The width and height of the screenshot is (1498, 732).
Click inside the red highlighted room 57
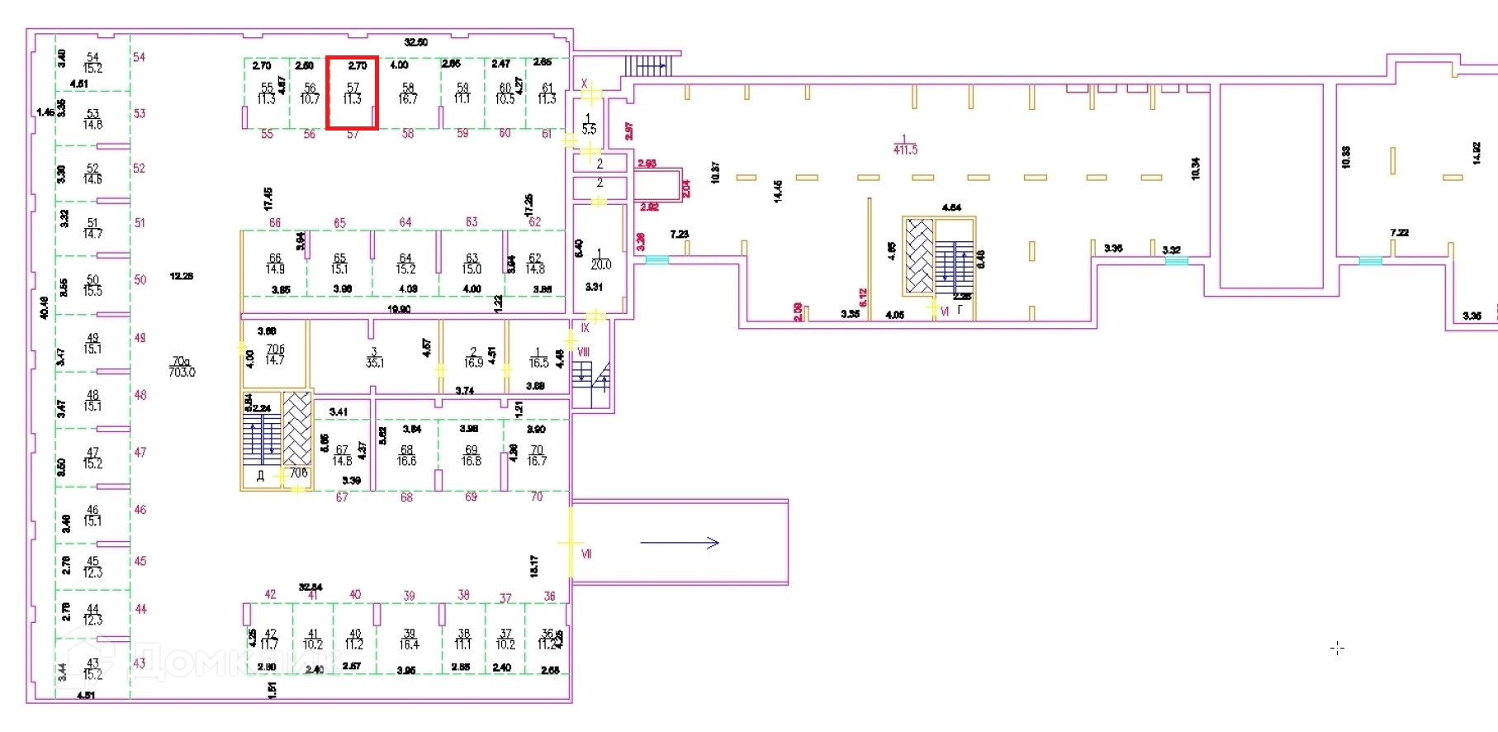click(x=353, y=93)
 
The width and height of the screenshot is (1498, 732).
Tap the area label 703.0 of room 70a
click(x=182, y=373)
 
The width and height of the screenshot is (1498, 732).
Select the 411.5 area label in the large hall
click(x=905, y=150)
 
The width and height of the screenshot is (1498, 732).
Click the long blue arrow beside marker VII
click(x=680, y=543)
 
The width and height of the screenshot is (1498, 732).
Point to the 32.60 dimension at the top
click(x=416, y=42)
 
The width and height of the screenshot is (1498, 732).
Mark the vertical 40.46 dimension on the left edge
click(x=44, y=307)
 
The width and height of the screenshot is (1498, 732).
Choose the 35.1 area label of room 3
click(x=375, y=363)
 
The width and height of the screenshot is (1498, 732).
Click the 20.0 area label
click(x=600, y=265)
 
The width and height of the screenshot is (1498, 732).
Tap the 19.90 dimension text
click(x=399, y=309)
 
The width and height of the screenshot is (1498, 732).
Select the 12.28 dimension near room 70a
click(x=182, y=276)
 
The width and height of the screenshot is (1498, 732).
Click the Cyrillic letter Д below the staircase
click(x=260, y=476)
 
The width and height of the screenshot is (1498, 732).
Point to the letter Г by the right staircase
click(x=960, y=311)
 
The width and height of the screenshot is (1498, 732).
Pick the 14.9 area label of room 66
click(x=275, y=269)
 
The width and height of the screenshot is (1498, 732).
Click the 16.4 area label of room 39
click(x=410, y=644)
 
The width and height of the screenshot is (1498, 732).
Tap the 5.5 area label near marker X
click(x=589, y=130)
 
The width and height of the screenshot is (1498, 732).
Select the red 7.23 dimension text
click(x=680, y=235)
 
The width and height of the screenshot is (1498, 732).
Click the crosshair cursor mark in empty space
click(x=1337, y=649)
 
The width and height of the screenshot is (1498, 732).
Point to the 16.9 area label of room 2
click(x=473, y=363)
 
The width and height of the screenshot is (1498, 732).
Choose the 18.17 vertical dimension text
click(x=534, y=566)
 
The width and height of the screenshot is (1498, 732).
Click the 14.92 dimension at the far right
click(x=1477, y=154)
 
